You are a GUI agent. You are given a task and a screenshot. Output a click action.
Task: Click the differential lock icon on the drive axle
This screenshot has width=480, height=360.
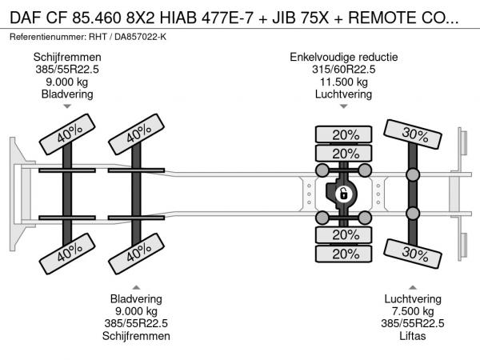[x=343, y=194]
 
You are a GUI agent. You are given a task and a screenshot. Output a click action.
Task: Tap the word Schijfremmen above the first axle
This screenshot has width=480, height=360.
[x=67, y=58]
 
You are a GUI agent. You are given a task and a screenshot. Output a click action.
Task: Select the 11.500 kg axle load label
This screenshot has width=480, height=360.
[x=344, y=82]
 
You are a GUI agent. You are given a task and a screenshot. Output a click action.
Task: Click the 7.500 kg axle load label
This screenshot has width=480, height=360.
[x=413, y=311]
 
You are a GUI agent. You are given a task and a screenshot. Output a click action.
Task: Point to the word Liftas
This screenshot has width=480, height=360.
[x=413, y=336]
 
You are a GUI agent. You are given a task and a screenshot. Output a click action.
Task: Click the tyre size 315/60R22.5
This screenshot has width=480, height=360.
[x=344, y=70]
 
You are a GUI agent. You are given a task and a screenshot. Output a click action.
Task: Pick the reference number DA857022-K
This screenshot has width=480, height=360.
[x=140, y=37]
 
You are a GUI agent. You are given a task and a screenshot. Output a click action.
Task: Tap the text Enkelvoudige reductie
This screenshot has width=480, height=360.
[x=344, y=58]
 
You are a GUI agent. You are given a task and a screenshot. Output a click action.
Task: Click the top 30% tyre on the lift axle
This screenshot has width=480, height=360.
[x=413, y=134]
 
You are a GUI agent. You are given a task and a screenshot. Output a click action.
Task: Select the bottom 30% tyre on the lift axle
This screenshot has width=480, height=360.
[x=413, y=254]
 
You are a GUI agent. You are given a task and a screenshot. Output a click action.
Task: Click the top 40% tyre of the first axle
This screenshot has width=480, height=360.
[x=67, y=134]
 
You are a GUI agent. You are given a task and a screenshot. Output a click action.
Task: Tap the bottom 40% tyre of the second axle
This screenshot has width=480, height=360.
[x=136, y=254]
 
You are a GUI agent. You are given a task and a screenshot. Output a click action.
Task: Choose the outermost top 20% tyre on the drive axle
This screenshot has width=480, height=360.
[x=344, y=134]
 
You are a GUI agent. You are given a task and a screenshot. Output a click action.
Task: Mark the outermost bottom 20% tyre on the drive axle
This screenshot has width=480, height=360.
[x=344, y=254]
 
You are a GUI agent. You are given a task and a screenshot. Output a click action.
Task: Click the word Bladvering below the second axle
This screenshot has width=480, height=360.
[x=136, y=298]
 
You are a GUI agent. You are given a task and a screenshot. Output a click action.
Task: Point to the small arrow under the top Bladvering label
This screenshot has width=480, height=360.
[x=67, y=106]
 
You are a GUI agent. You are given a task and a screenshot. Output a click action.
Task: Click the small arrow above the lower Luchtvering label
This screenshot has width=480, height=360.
[x=413, y=287]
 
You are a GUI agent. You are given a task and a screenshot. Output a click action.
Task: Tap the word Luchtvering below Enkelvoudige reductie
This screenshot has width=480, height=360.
[x=344, y=94]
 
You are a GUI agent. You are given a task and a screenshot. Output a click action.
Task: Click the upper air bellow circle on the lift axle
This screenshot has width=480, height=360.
[x=413, y=174]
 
